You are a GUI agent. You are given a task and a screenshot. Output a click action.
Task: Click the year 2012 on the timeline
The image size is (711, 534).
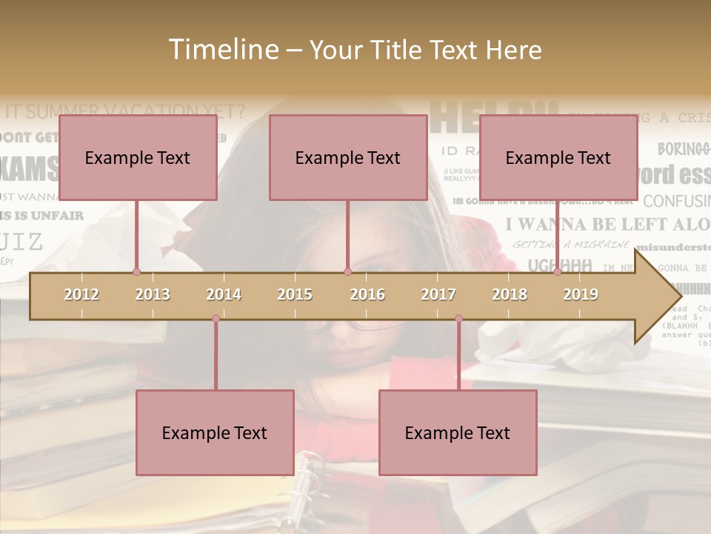click(81, 294)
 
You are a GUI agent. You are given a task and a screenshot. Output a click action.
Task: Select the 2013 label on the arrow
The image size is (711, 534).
click(153, 294)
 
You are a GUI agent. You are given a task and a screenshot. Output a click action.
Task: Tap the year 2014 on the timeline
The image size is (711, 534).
click(224, 294)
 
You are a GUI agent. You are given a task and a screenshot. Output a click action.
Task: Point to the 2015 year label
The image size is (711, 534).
click(295, 294)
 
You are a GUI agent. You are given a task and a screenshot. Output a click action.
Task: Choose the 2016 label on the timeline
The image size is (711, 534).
click(367, 294)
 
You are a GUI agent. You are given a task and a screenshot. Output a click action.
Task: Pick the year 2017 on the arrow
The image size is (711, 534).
click(438, 294)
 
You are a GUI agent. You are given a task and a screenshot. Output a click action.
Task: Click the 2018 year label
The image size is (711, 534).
click(510, 294)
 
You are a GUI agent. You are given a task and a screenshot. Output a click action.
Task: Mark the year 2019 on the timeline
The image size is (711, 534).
click(581, 294)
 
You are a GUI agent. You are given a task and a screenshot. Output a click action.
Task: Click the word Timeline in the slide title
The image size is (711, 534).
click(221, 50)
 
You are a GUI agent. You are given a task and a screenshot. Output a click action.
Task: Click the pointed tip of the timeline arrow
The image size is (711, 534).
click(679, 297)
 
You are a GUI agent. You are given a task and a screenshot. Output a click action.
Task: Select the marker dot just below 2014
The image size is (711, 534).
click(216, 319)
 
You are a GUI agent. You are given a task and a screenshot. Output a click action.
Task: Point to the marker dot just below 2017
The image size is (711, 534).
click(458, 319)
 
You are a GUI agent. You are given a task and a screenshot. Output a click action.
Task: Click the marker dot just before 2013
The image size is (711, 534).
click(136, 271)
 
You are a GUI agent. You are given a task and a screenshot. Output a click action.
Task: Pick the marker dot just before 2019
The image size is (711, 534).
click(557, 271)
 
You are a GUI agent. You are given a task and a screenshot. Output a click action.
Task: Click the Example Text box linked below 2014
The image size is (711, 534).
click(215, 432)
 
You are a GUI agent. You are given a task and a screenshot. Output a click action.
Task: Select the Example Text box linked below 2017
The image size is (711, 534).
click(458, 432)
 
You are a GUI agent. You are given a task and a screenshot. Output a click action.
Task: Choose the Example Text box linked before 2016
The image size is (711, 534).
click(348, 157)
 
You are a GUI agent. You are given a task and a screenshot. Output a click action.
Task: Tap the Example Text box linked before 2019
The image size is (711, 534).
click(558, 157)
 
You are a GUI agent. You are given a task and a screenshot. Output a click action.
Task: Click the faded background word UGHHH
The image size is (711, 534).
click(561, 265)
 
